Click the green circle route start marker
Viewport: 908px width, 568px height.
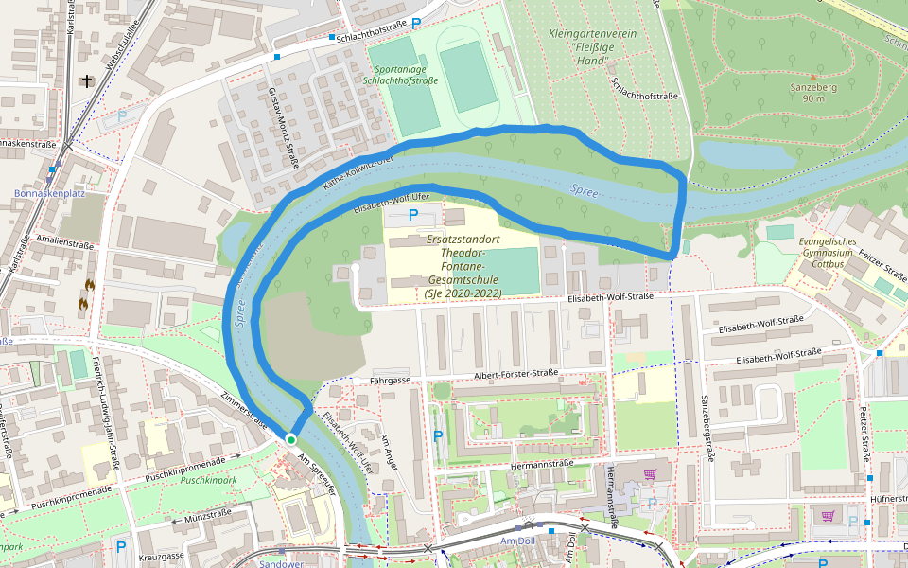291,439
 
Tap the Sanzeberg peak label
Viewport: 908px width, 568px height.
813,92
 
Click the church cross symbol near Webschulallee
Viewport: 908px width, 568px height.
88,82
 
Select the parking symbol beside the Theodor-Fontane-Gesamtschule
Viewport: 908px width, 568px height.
412,215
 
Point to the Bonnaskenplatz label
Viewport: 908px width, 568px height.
49,193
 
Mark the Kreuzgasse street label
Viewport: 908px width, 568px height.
161,557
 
